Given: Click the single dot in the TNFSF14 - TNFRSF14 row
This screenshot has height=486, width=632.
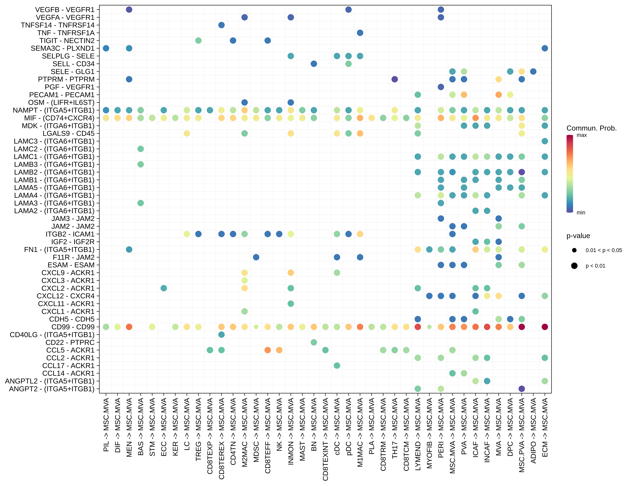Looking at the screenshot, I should [221, 25].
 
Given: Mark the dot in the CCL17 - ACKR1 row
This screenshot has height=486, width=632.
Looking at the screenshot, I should [337, 366].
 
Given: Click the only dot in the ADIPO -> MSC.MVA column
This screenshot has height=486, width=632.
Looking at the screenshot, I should [533, 71].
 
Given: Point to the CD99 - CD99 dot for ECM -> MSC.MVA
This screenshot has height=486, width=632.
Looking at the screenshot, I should [545, 327].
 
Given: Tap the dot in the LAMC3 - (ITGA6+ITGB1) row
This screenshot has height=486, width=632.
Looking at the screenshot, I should [545, 141].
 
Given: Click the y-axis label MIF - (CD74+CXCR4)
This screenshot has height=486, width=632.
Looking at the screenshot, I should [59, 118].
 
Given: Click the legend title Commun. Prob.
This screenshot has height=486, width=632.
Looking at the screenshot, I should [591, 128].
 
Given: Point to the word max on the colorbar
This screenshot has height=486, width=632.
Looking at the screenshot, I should [582, 135].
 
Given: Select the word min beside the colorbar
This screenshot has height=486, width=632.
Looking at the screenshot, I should [581, 213].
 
